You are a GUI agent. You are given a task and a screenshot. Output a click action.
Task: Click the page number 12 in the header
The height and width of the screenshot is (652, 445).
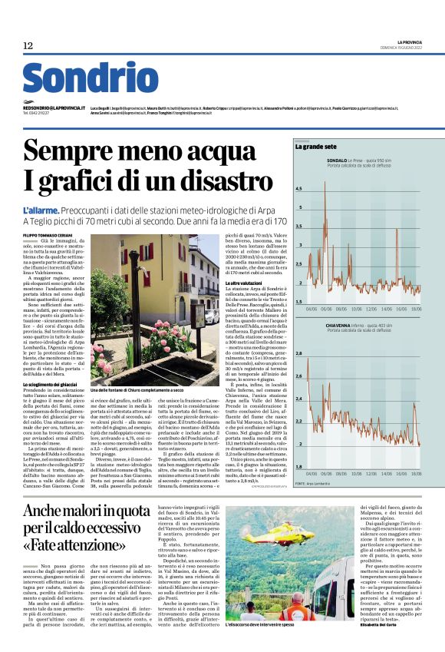click(x=28, y=46)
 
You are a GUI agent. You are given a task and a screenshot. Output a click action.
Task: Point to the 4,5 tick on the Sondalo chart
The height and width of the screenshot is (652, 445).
click(x=299, y=189)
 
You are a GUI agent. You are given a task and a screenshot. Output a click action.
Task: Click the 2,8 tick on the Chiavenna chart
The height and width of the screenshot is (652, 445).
click(x=299, y=354)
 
